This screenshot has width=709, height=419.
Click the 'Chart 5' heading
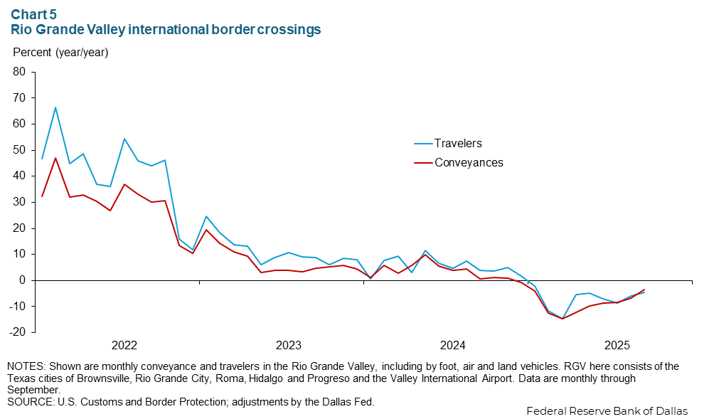pos(34,13)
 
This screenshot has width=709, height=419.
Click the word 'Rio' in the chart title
pos(21,30)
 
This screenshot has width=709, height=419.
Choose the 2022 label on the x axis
pos(124,346)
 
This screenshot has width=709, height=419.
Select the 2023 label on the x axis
pos(289,346)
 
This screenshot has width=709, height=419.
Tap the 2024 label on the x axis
pos(453,346)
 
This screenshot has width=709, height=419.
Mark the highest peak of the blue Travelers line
pos(55,107)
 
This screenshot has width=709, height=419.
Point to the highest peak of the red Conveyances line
pos(55,158)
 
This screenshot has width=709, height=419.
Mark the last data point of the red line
pos(644,290)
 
